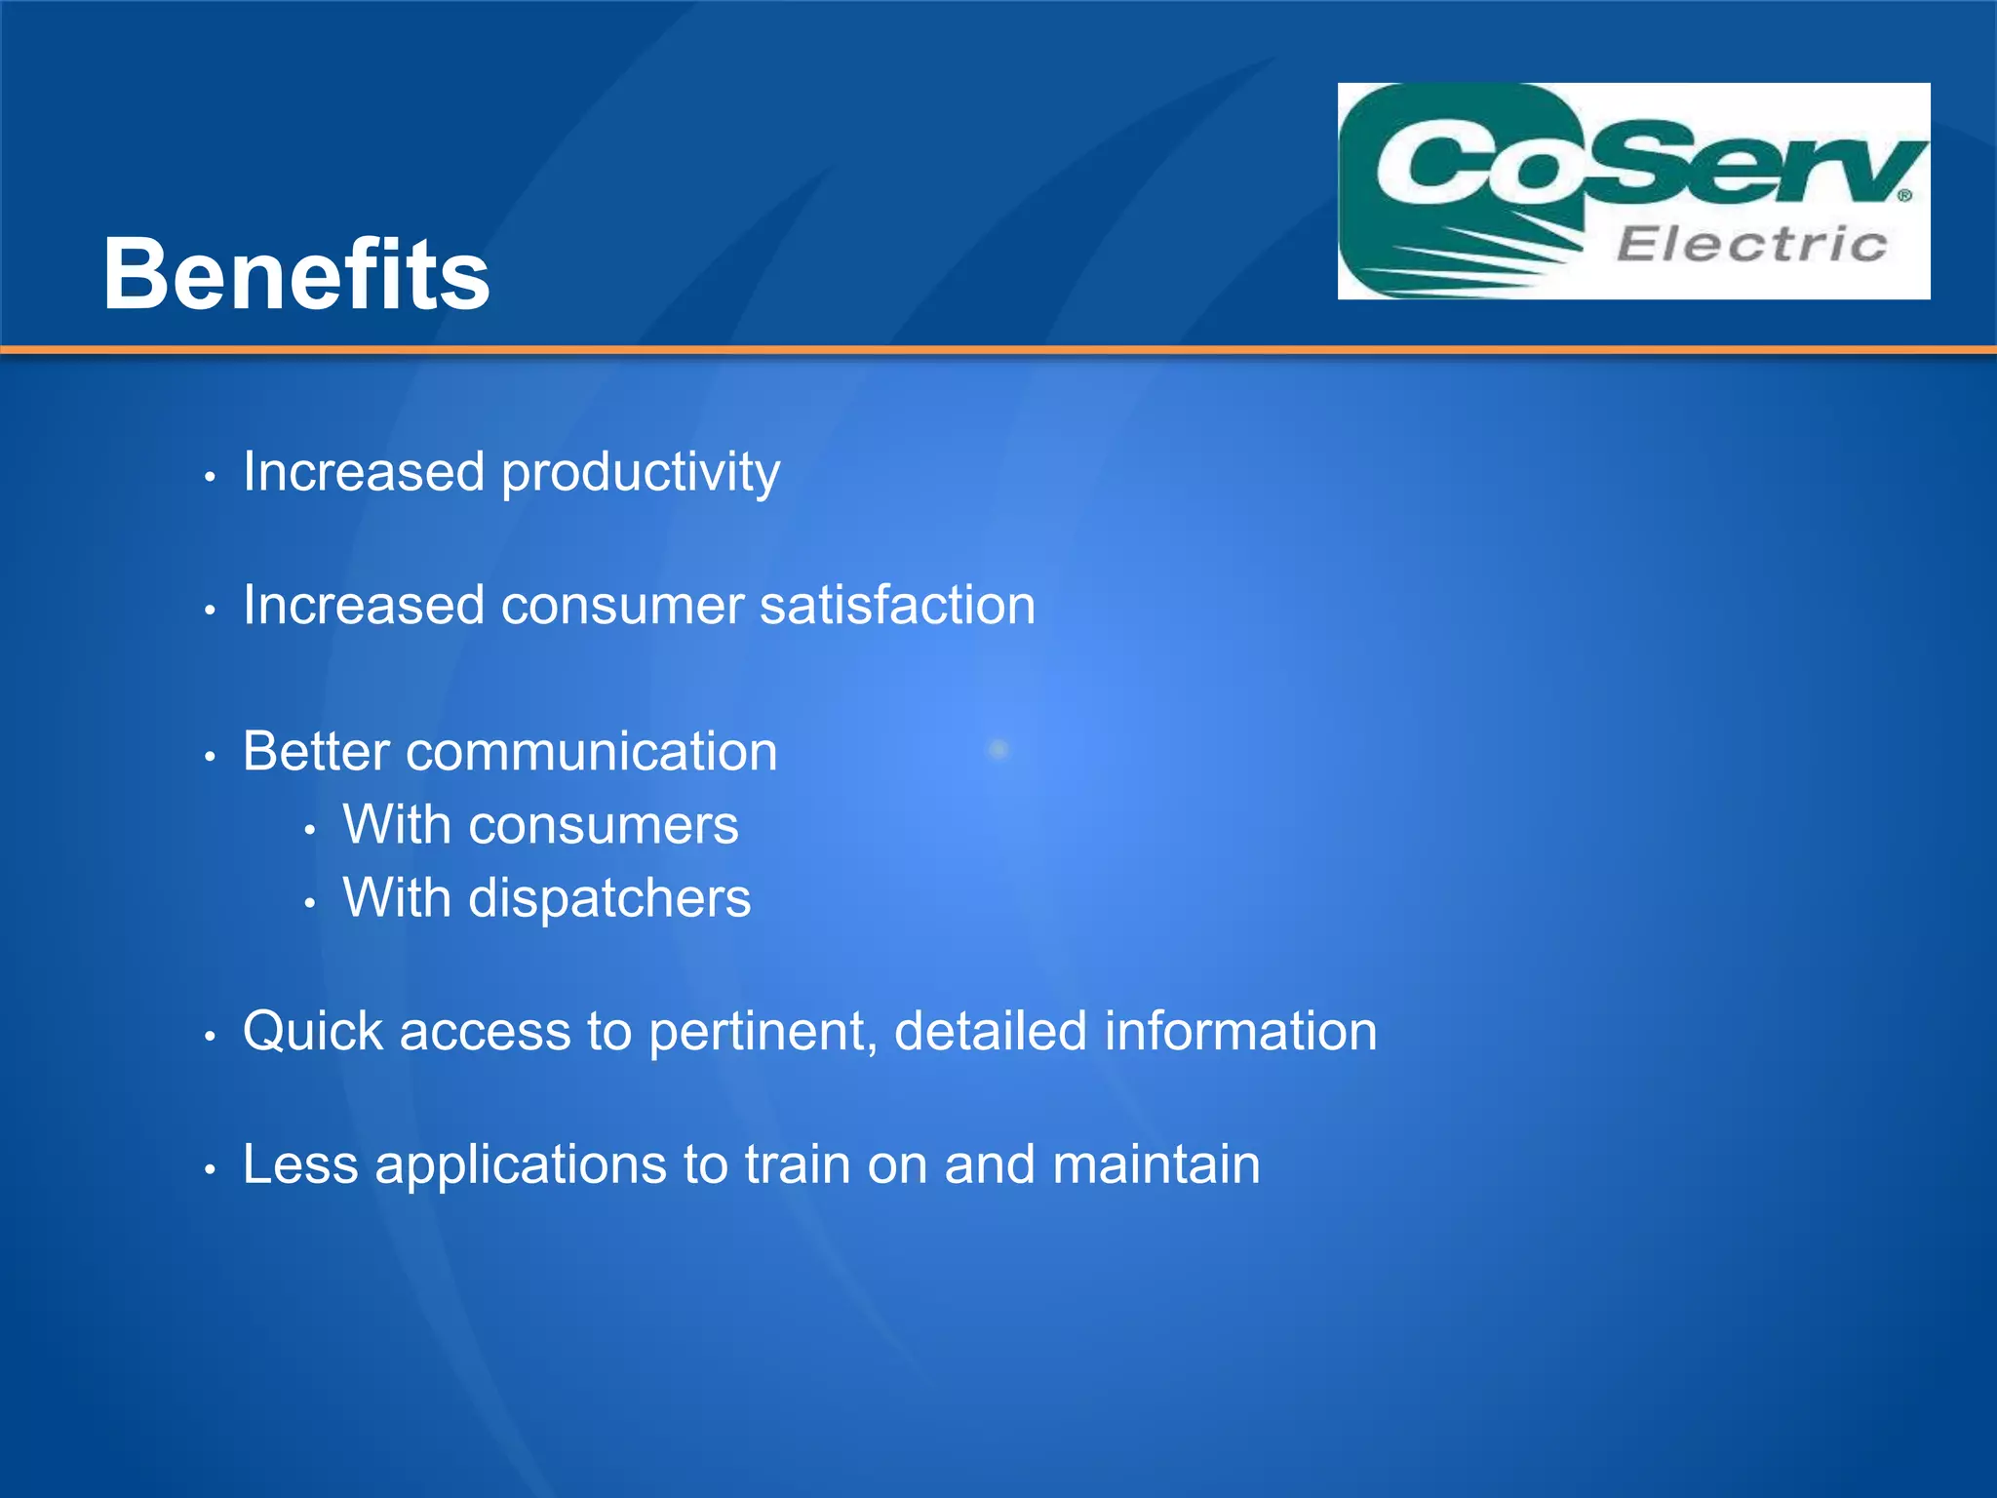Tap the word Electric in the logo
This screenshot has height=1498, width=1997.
pos(1751,244)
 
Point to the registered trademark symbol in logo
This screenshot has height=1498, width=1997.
pos(1904,195)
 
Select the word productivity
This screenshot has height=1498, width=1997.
pos(640,474)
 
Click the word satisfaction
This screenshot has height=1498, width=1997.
pos(897,605)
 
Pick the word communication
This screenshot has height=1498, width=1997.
pos(591,752)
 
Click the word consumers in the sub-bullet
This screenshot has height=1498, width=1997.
pos(603,826)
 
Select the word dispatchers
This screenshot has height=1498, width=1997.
pos(609,898)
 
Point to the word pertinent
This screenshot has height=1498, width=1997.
pos(763,1032)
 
